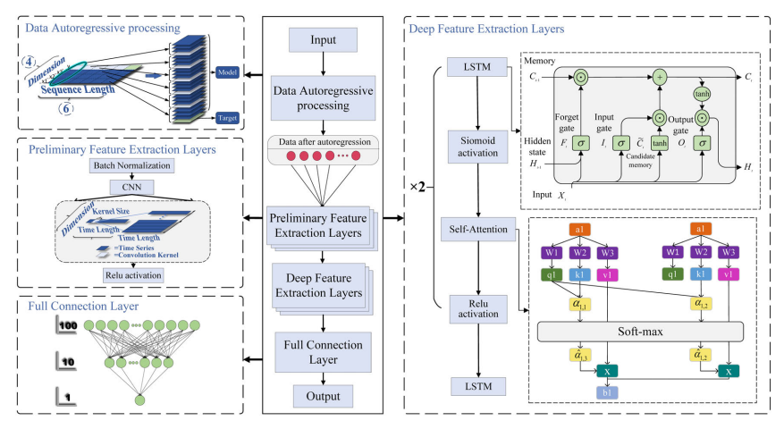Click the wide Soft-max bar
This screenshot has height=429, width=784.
click(640, 331)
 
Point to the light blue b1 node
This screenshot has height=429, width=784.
click(608, 391)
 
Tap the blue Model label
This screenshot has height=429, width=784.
click(228, 71)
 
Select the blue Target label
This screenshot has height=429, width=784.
click(228, 117)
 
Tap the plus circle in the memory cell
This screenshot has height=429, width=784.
click(662, 77)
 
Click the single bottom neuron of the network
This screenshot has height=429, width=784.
click(139, 400)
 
